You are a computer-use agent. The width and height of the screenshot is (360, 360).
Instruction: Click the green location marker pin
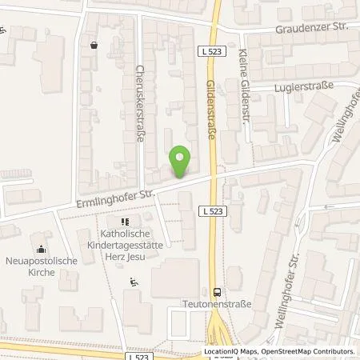coord(181,161)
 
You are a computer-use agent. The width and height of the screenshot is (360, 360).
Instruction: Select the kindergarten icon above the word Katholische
coord(124,221)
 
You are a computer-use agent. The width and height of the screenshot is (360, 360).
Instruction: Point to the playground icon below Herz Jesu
coord(134,281)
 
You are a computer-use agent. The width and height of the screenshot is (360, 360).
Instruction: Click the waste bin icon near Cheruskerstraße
coord(95,46)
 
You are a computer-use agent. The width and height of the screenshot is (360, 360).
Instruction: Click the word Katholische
coord(124,233)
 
